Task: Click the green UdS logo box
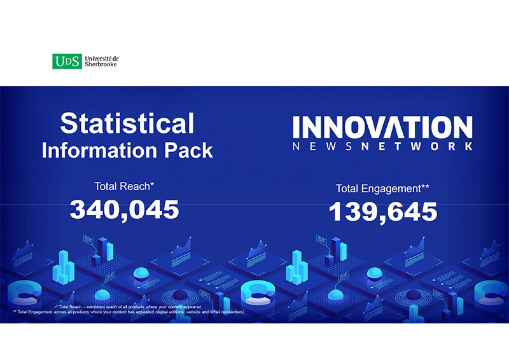[x=67, y=61]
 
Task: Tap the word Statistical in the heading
[x=127, y=123]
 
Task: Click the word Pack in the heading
[x=190, y=150]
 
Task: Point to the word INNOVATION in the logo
[x=382, y=126]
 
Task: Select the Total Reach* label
[x=124, y=186]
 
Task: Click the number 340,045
[x=125, y=209]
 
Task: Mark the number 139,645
[x=383, y=212]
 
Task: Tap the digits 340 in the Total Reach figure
[x=94, y=209]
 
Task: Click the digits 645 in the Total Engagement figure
[x=414, y=212]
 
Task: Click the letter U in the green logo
[x=59, y=61]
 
